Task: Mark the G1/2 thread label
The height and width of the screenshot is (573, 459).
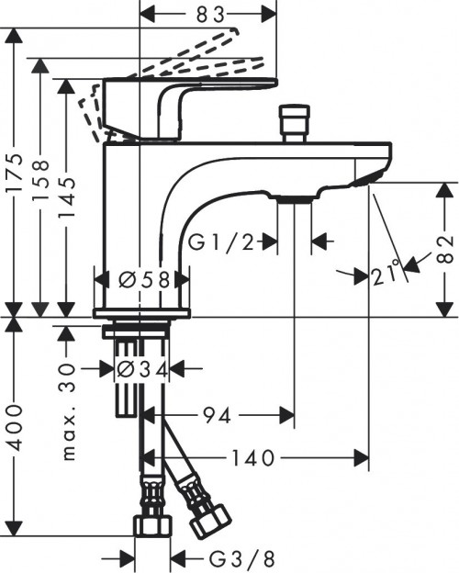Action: coord(223,242)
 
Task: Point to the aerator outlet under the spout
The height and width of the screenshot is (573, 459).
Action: coord(294,197)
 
